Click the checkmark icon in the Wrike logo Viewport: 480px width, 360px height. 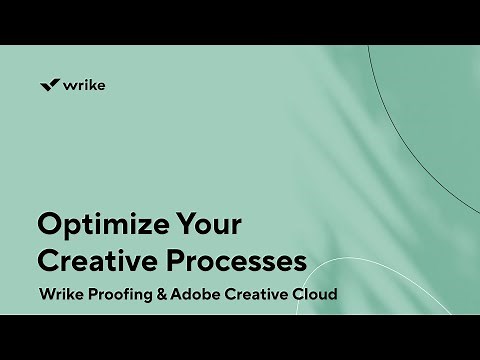point(50,85)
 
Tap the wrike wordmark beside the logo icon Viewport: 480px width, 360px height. point(85,85)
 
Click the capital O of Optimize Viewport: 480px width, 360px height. point(49,222)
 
